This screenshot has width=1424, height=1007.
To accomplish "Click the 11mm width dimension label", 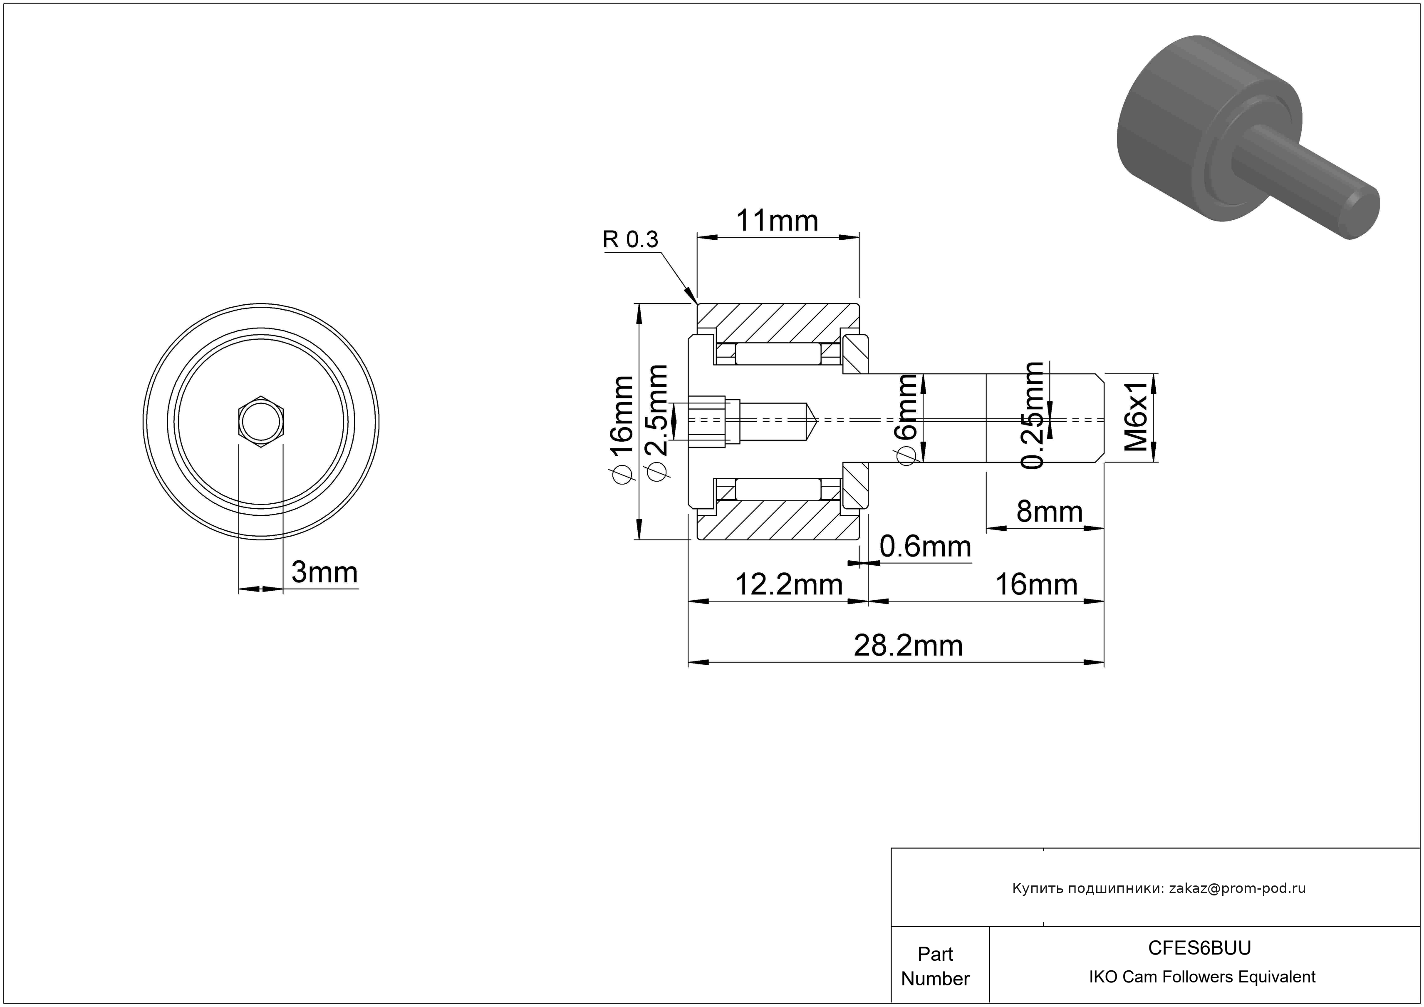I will [777, 221].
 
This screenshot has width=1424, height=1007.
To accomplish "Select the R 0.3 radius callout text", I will [630, 239].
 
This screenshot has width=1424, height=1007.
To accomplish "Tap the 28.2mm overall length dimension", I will [908, 646].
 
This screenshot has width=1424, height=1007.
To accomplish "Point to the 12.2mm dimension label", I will [788, 584].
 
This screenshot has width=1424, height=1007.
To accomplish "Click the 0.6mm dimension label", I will [925, 547].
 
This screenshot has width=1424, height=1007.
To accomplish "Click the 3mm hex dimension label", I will [324, 572].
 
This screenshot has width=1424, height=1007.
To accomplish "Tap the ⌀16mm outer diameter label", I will [622, 428].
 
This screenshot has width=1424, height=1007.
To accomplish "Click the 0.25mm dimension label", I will [1033, 416].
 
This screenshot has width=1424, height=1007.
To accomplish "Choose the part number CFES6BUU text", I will [1199, 948].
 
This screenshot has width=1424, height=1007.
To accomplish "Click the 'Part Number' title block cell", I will [935, 966].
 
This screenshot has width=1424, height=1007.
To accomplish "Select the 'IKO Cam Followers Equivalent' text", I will [1202, 977].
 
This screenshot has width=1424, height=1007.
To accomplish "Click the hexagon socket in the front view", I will [261, 421].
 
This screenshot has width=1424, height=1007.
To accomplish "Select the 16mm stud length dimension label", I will [1036, 584].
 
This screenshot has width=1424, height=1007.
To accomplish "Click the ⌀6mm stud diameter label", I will [907, 419].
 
